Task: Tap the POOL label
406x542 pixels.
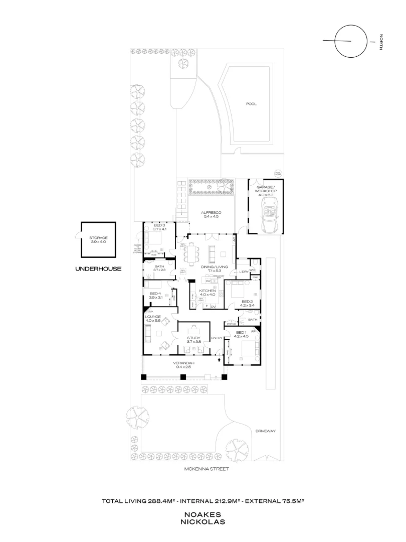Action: (251, 104)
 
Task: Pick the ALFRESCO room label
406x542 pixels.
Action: (211, 214)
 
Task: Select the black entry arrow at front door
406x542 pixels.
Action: (219, 359)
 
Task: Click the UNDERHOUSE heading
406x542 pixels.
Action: (98, 268)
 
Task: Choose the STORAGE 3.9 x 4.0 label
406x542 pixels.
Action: (98, 240)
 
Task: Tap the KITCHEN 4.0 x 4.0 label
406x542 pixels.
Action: (208, 293)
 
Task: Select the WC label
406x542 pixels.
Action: (252, 270)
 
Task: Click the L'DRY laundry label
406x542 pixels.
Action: (244, 272)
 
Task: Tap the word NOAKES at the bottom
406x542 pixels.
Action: (203, 514)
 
